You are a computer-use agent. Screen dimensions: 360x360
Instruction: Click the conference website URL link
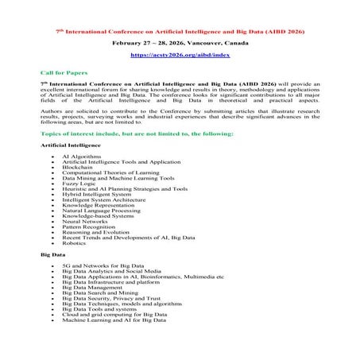coord(180,57)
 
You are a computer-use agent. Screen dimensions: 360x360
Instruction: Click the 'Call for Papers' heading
coord(60,72)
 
